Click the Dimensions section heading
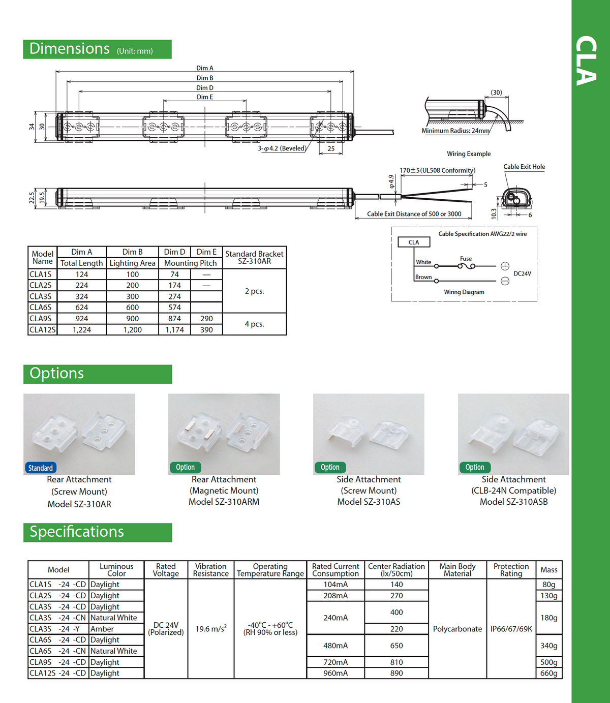coord(70,49)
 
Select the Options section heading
coord(56,373)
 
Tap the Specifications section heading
coord(77,532)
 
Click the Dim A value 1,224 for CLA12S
coord(82,330)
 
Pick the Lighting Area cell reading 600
coord(132,308)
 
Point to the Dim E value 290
coord(206,319)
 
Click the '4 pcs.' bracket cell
coord(254,324)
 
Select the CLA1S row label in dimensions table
coord(41,274)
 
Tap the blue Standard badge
coord(40,468)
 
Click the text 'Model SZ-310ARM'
coord(224,502)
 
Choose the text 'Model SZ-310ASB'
coord(513,502)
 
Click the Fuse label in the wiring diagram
coord(466,259)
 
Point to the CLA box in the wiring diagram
coord(414,242)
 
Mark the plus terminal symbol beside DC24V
coord(505,266)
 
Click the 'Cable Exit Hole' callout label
coord(524,167)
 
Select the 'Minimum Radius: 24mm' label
coord(455,131)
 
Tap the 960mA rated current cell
coord(335,673)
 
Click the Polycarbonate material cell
coord(457,629)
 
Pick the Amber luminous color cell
coord(102,629)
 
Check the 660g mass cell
coord(548,673)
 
